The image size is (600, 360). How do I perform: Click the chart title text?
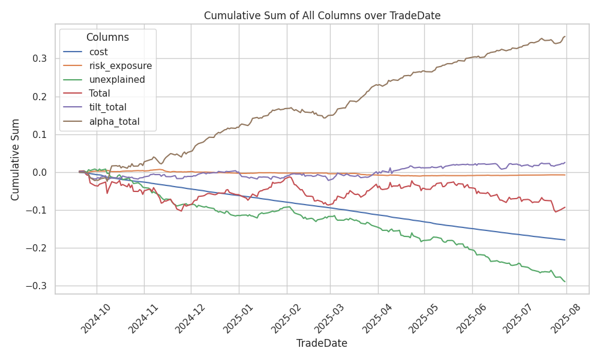click(322, 16)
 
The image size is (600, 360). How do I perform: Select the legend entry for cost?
click(98, 52)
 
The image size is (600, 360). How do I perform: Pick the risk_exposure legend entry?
click(120, 66)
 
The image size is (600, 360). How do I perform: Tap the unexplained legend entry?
click(116, 80)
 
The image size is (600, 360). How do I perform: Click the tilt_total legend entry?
click(109, 107)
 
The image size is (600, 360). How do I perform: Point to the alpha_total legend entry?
click(114, 121)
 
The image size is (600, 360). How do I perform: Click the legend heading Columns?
click(107, 37)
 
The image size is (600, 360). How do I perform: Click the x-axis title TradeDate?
click(322, 343)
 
